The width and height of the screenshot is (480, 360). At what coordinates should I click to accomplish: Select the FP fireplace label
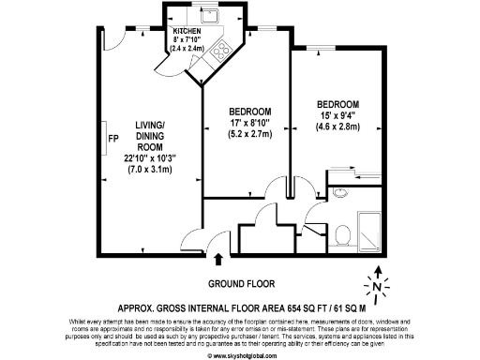[x=112, y=140]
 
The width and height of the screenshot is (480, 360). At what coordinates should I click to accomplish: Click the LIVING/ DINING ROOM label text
[x=150, y=135]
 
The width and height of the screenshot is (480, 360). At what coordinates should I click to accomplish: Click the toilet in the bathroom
[x=343, y=232]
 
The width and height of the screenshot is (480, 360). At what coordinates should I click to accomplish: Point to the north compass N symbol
[x=376, y=286]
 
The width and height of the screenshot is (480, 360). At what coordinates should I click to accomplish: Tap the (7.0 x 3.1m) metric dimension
[x=150, y=170]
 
